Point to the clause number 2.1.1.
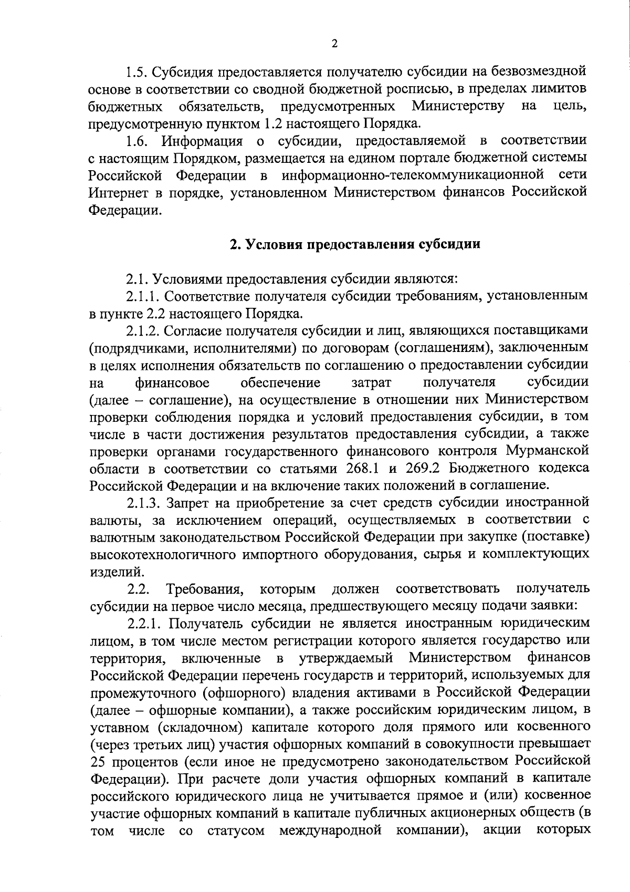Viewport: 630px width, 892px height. coord(143,296)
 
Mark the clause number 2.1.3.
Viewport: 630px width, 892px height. coord(143,503)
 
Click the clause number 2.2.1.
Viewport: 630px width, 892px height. coord(143,623)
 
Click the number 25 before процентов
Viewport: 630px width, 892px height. coord(98,761)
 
